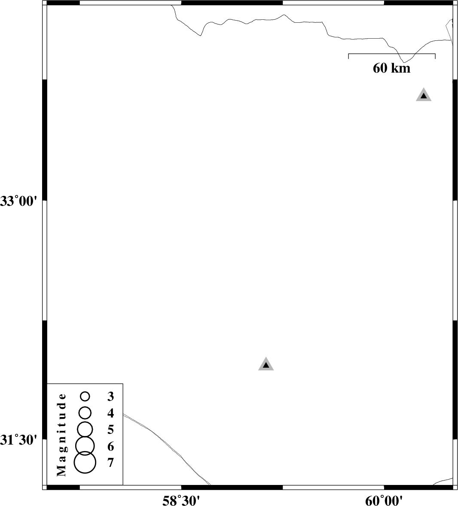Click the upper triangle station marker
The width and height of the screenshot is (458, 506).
click(x=424, y=95)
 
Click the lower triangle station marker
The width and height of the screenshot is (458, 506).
click(x=266, y=364)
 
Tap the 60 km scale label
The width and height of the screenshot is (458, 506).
click(x=391, y=68)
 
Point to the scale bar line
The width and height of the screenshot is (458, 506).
click(x=392, y=54)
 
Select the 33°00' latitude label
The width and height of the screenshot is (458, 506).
click(x=19, y=201)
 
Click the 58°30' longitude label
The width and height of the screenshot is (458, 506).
click(x=181, y=500)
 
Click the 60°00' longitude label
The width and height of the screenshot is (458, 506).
click(x=384, y=500)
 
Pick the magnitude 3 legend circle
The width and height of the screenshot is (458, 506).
click(x=85, y=392)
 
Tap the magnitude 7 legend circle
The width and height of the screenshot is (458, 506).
click(x=85, y=452)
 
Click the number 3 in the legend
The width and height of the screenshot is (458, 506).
click(x=111, y=396)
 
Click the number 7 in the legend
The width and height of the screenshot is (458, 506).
click(x=111, y=463)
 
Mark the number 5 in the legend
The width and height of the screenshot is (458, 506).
click(x=111, y=430)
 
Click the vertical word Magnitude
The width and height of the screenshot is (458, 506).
click(x=61, y=434)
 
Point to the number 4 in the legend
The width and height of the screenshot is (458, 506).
click(x=111, y=413)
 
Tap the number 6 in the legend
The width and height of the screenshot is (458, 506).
click(x=111, y=446)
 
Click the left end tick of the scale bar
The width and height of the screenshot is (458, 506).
click(x=348, y=56)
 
